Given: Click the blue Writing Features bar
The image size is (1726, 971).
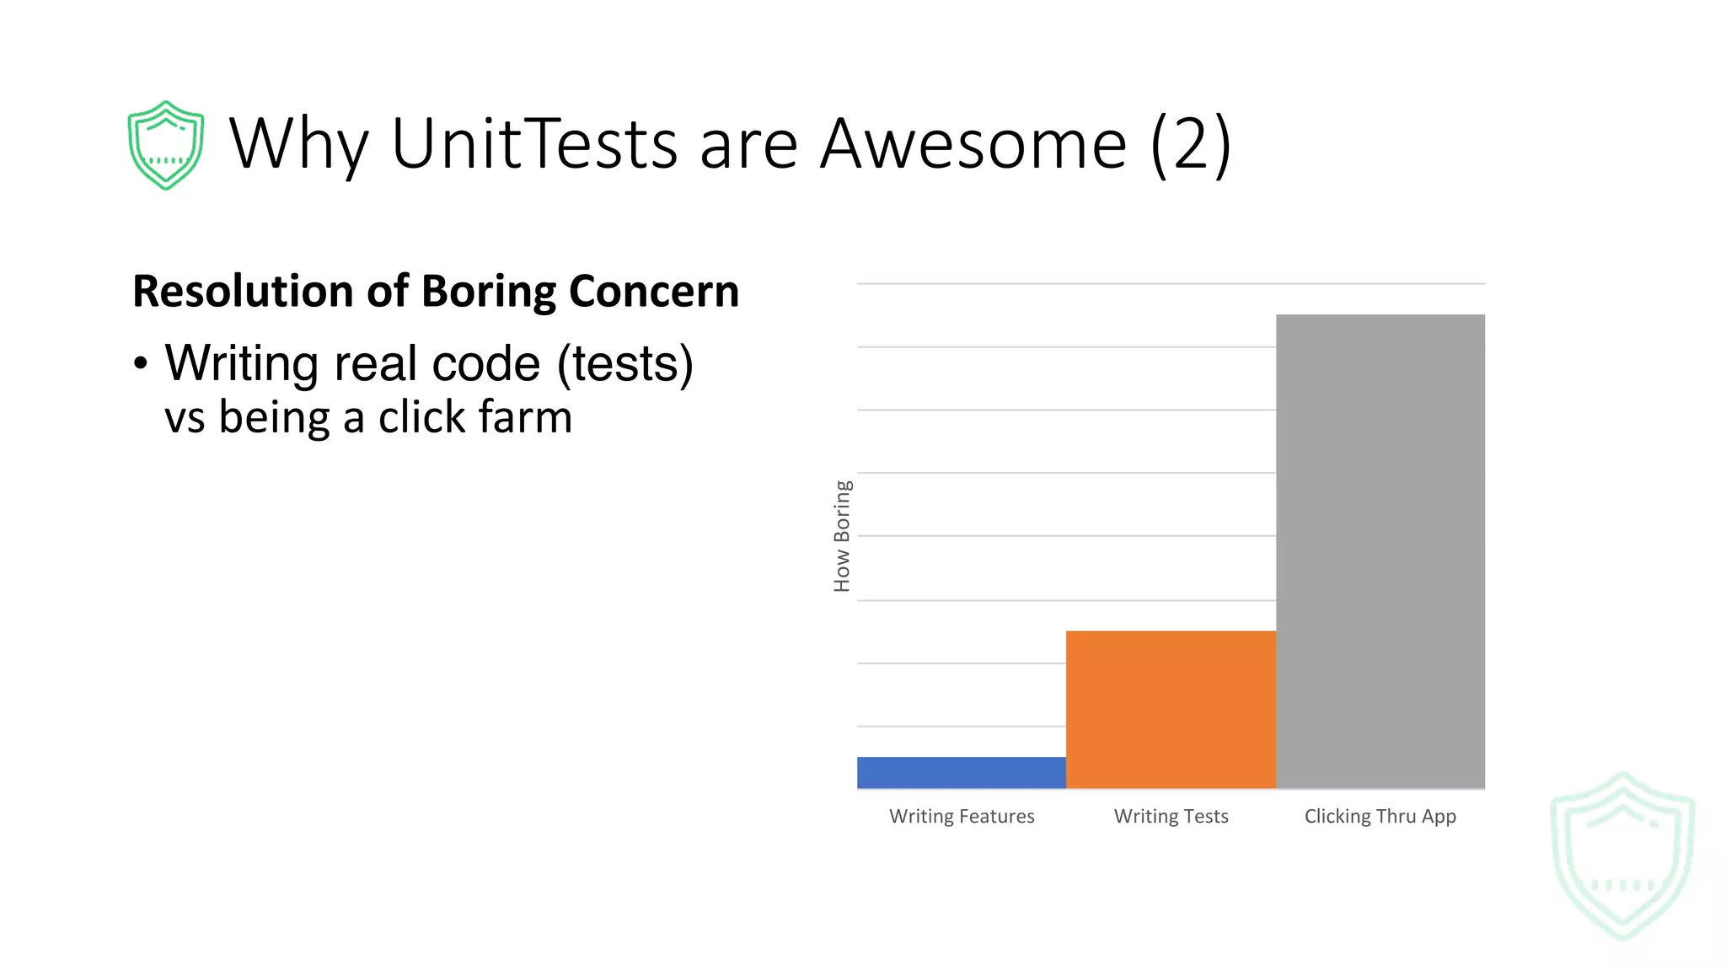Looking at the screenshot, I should click(962, 772).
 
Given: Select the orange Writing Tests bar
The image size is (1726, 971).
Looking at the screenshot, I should click(1171, 709).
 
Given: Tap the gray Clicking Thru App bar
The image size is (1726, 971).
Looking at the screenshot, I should click(1380, 551).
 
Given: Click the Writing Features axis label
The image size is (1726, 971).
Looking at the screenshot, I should click(962, 816).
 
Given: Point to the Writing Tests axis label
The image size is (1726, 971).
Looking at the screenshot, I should click(1171, 816).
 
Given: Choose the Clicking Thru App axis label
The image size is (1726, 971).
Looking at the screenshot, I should click(1380, 816).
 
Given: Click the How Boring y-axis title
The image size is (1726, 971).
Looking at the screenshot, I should click(842, 536).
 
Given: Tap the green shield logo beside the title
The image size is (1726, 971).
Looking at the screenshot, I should click(166, 145).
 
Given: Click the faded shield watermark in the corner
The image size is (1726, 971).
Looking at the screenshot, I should click(1622, 855).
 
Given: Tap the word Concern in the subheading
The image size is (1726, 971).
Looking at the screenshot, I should click(654, 292).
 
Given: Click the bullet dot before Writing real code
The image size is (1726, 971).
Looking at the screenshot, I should click(141, 363).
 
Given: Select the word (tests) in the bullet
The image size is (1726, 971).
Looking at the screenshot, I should click(625, 364).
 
